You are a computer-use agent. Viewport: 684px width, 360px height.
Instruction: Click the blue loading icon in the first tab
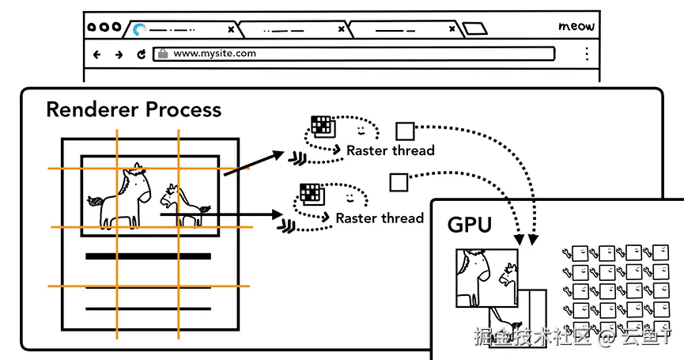(x=140, y=29)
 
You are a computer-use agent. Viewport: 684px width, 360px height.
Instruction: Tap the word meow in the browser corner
(x=576, y=26)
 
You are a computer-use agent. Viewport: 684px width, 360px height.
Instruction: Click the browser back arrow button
(x=97, y=55)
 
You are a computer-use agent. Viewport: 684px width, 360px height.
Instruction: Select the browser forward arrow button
(x=119, y=55)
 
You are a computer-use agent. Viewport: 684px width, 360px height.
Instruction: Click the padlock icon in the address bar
(x=163, y=54)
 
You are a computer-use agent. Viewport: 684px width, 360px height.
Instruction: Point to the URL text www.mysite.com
(x=214, y=54)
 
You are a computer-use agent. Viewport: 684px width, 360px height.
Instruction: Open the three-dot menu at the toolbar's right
(x=586, y=54)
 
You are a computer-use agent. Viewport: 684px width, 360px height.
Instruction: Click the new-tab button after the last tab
(x=475, y=30)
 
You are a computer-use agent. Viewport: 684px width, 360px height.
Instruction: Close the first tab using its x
(x=231, y=29)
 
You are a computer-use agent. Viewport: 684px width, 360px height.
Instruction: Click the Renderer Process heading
(x=134, y=109)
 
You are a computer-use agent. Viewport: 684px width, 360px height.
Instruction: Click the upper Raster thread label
(x=391, y=150)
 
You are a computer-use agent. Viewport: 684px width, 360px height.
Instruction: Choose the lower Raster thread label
(x=380, y=218)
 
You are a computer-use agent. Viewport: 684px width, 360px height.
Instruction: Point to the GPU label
(x=470, y=225)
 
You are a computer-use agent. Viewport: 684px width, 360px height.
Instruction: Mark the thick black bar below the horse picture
(x=148, y=256)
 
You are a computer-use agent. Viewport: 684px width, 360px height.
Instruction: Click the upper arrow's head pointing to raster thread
(x=278, y=153)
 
